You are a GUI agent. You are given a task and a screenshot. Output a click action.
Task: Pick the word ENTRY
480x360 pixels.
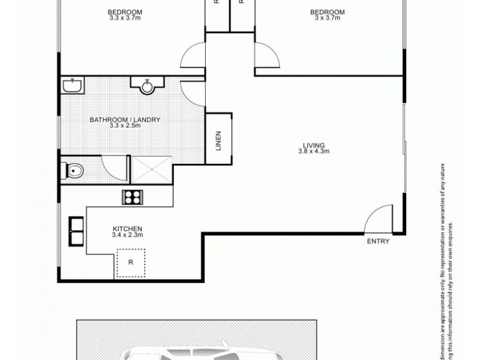[378, 242]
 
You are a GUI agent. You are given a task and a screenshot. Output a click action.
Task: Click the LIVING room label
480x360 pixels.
[313, 145]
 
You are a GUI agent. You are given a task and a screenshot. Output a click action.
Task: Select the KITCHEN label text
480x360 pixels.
[127, 229]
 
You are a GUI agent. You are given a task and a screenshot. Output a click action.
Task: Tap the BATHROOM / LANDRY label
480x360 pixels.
[125, 120]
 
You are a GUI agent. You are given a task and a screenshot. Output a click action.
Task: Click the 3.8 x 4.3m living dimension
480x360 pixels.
[313, 151]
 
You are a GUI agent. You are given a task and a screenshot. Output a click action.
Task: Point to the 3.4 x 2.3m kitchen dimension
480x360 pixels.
[127, 235]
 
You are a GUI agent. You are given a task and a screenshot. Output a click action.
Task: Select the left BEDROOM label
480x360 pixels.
[125, 12]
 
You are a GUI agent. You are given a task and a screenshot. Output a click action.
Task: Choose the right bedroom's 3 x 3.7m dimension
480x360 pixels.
[327, 18]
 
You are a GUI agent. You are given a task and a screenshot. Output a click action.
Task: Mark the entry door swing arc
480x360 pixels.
[379, 217]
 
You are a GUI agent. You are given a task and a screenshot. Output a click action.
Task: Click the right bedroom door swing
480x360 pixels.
[267, 56]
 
